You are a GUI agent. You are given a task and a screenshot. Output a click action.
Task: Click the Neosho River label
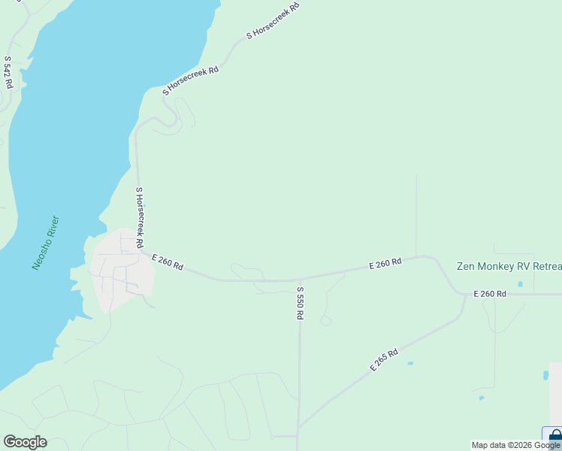46,244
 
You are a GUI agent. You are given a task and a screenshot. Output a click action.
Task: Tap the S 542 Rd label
8,72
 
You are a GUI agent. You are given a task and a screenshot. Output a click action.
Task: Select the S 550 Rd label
300,303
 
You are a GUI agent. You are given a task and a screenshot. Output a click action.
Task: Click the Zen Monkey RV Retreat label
509,267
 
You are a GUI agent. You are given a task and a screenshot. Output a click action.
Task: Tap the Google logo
25,442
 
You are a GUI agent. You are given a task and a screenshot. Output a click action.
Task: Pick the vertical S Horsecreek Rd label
139,218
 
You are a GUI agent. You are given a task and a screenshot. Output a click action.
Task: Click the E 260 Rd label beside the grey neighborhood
168,262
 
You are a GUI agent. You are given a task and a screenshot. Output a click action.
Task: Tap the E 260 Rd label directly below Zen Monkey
490,294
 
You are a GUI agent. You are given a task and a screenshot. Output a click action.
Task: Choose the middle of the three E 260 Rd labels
385,264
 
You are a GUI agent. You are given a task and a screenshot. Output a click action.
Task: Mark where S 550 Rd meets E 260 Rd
300,280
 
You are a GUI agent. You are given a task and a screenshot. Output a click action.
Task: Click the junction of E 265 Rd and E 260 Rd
466,295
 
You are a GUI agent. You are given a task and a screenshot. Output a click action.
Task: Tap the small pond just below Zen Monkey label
519,284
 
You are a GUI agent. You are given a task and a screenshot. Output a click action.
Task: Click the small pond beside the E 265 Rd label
409,364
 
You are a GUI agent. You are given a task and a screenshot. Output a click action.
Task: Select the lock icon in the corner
554,436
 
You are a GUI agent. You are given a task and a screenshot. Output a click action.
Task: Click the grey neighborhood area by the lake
122,271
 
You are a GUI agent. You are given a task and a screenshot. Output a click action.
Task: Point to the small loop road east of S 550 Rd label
325,321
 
